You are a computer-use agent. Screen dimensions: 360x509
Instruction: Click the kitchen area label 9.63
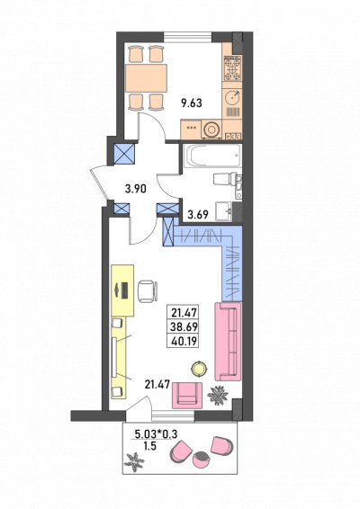pos(192,103)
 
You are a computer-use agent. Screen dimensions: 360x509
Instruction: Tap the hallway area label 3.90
pos(136,188)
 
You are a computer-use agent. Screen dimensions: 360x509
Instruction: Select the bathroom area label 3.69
pos(198,214)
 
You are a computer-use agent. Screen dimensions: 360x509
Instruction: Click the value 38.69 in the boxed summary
pos(184,326)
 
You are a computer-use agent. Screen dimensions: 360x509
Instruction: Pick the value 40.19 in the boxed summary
pos(184,341)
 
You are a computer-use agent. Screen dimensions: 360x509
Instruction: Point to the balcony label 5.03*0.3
pos(156,433)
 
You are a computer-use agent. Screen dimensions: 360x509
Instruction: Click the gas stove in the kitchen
pos(232,68)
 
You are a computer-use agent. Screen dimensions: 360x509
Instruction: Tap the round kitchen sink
pos(232,96)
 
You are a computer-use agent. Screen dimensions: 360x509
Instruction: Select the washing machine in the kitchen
pos(211,129)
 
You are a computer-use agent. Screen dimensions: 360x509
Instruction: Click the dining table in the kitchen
pos(146,77)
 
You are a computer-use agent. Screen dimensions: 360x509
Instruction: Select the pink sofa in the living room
pos(228,342)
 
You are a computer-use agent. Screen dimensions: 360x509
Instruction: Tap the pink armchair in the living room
pos(187,396)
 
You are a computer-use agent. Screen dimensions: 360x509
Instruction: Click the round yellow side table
pos(199,369)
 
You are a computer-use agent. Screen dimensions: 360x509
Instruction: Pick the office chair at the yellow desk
pos(148,291)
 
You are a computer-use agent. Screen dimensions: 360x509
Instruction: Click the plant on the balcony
pos(134,462)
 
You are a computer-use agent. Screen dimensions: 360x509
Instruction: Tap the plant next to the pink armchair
pos(218,395)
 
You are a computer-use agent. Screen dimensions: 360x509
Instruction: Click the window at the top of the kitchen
pos(188,36)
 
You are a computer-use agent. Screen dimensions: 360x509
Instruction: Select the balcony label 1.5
pos(149,446)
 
